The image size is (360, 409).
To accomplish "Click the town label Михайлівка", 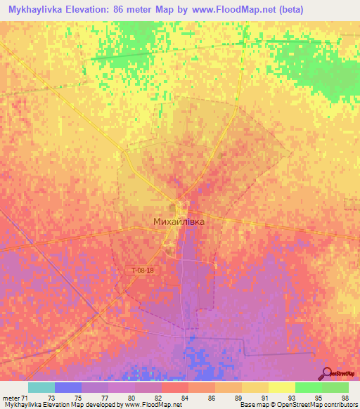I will (x=179, y=221).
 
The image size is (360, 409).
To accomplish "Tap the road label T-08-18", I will (x=142, y=270).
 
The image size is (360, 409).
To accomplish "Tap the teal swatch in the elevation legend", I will (x=41, y=387).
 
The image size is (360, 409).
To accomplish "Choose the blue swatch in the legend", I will (x=67, y=387).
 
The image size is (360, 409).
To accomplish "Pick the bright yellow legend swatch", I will (x=281, y=387).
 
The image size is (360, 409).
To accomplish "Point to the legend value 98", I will (x=345, y=398).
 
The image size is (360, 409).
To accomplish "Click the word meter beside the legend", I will (x=11, y=398).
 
